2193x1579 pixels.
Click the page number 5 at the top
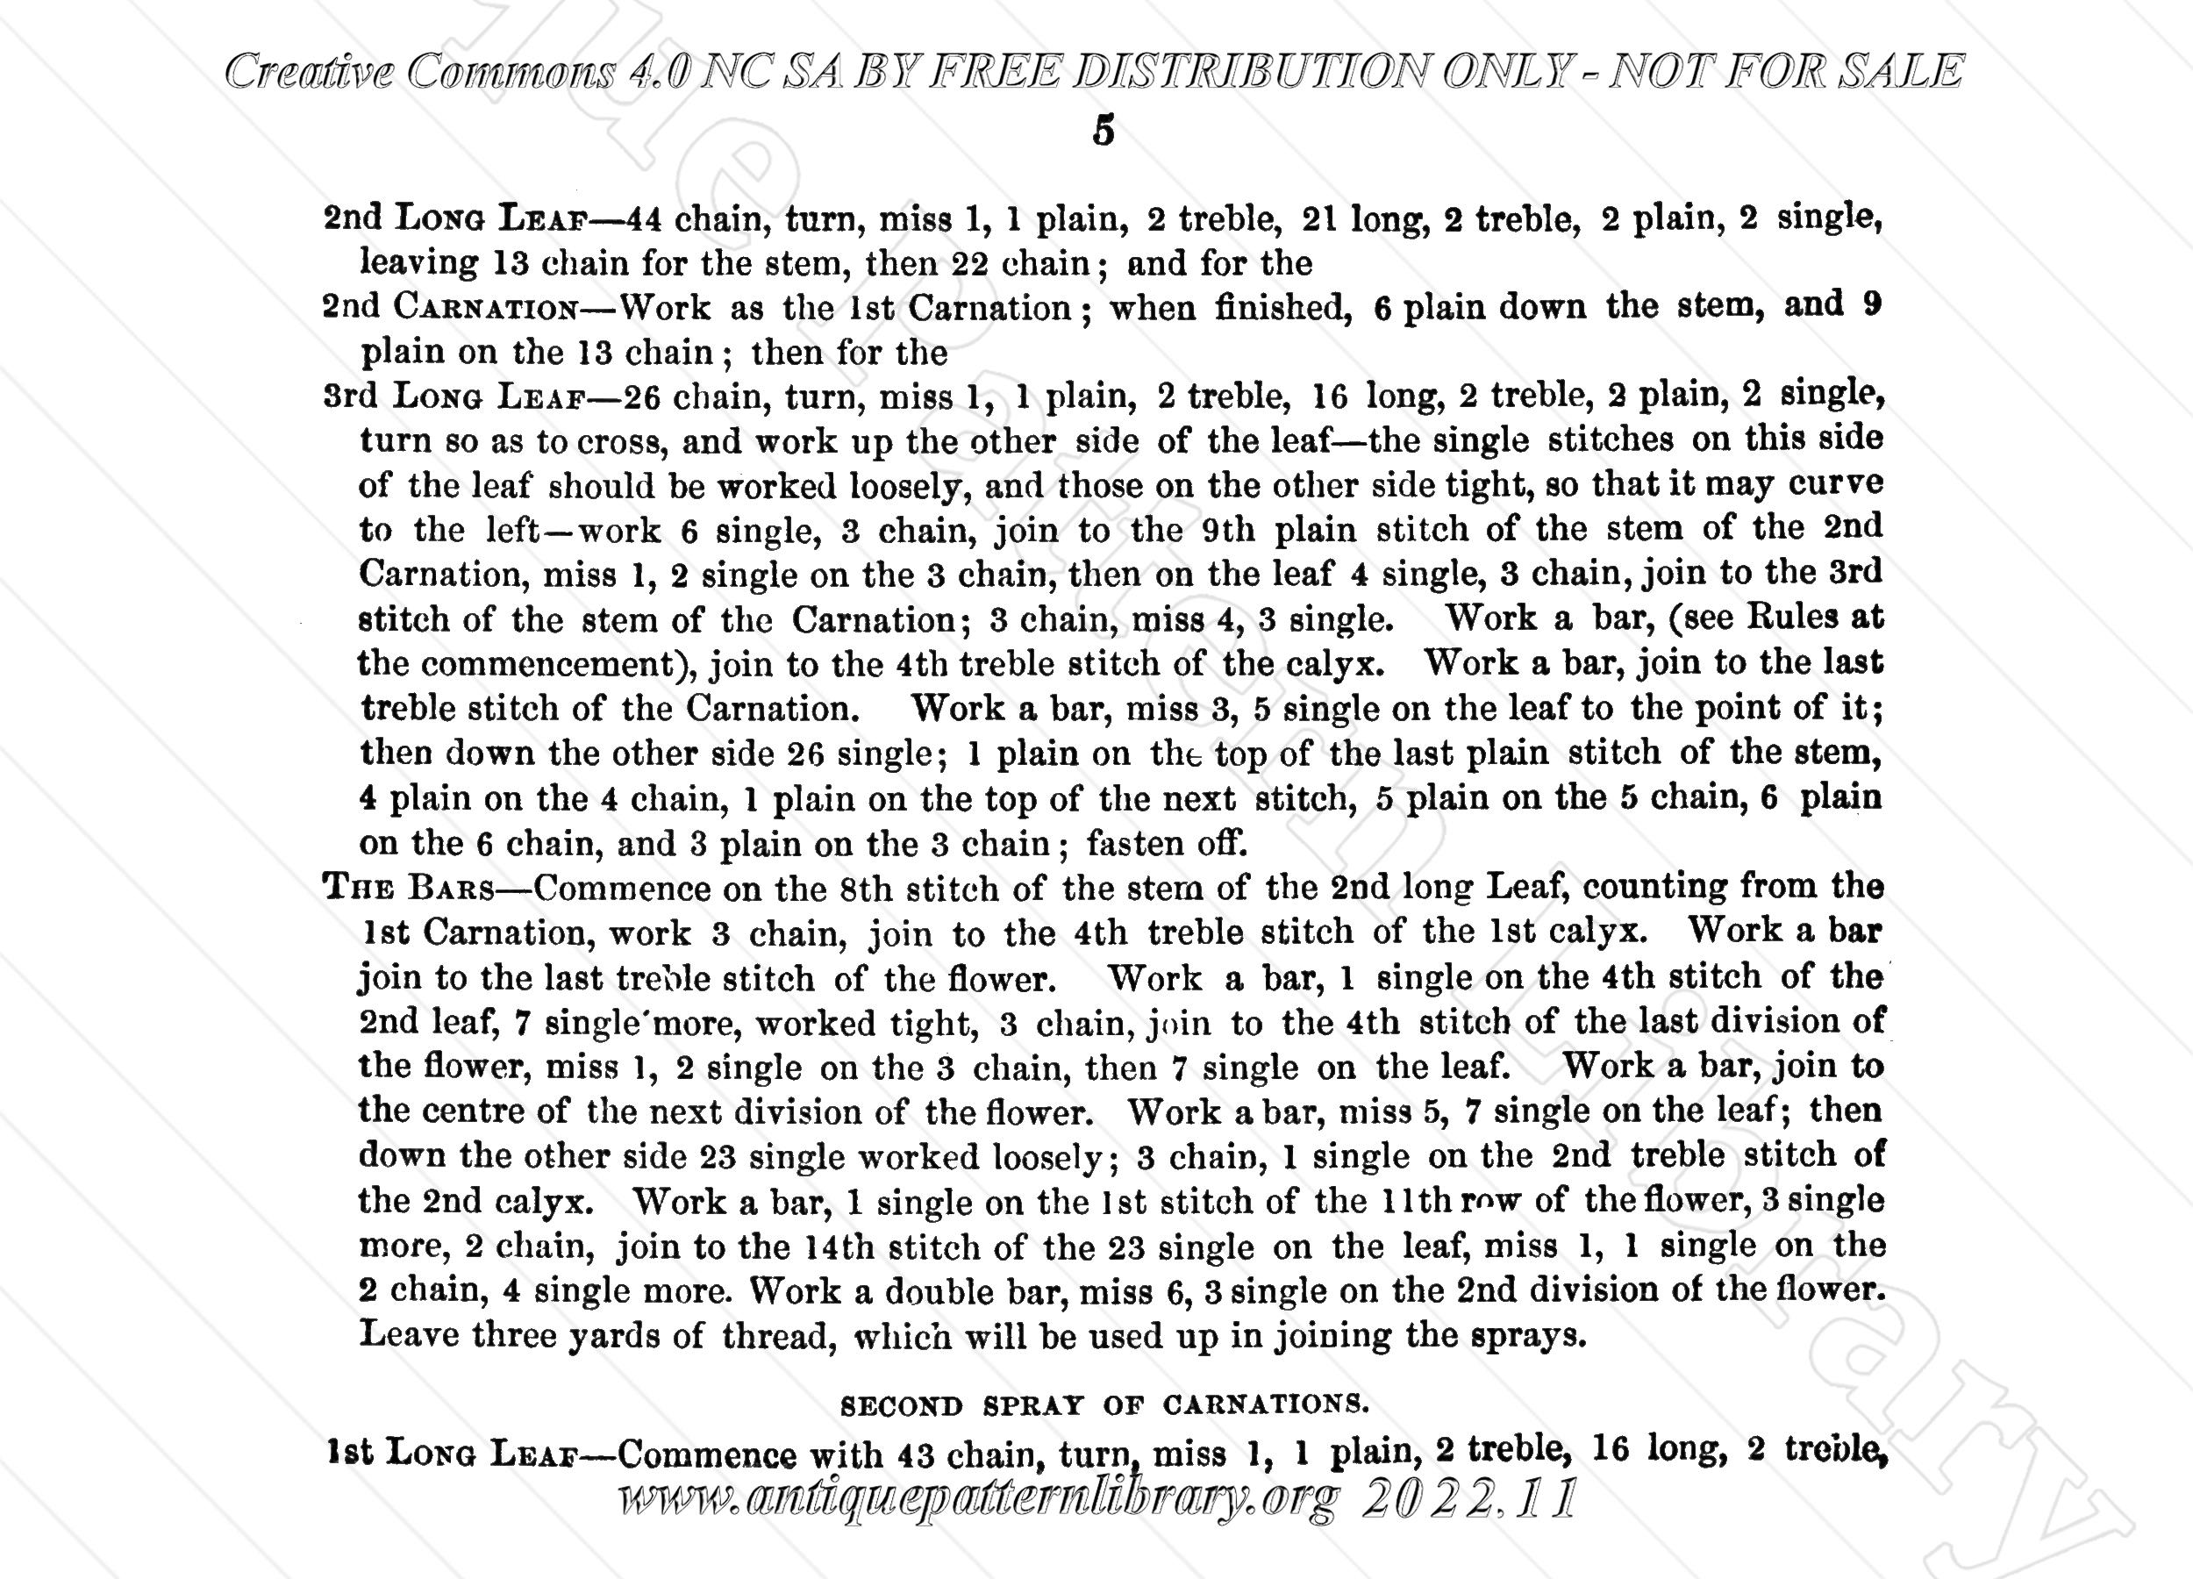click(x=1104, y=131)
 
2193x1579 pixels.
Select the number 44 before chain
click(x=644, y=219)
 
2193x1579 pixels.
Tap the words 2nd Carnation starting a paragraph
click(x=450, y=309)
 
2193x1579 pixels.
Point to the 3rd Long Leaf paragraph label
click(x=454, y=397)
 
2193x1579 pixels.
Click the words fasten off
click(x=1167, y=844)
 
